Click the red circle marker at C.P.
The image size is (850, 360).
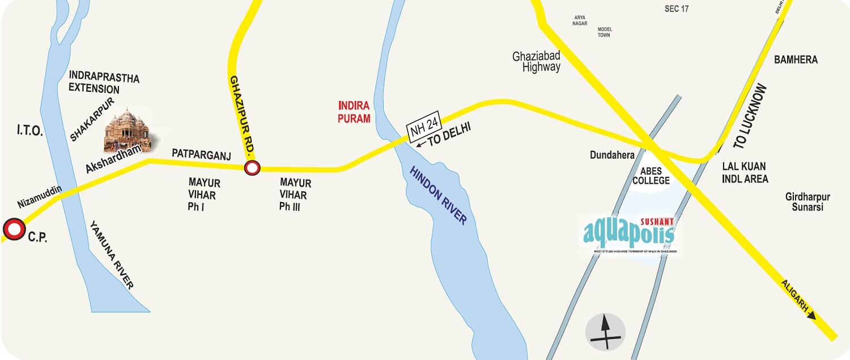tap(14, 230)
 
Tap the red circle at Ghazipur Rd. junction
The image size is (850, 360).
tap(252, 168)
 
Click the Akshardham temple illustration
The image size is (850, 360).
tap(127, 130)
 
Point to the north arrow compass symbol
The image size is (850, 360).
tap(605, 332)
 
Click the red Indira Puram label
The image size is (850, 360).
tap(354, 112)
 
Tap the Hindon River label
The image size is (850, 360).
tap(439, 196)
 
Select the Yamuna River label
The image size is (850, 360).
tap(112, 255)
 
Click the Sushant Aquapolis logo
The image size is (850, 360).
tap(629, 232)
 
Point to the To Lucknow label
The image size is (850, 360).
tap(750, 117)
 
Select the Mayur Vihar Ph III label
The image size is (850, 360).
tap(295, 195)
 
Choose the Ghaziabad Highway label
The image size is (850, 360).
tap(536, 62)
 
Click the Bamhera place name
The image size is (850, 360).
tap(796, 60)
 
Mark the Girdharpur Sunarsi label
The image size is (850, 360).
tap(807, 202)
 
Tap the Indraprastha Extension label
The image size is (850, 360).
tap(104, 83)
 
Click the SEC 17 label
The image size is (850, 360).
tap(676, 9)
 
